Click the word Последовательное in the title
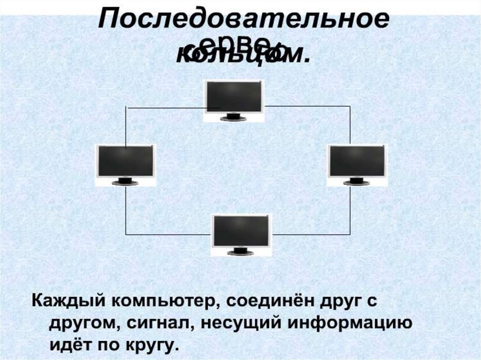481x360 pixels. click(x=243, y=21)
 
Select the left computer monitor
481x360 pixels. click(x=125, y=161)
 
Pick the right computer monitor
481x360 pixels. click(x=357, y=161)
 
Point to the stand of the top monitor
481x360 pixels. click(x=233, y=117)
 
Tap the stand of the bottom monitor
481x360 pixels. click(x=240, y=252)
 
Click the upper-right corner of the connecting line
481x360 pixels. click(x=350, y=106)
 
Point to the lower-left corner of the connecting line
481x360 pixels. click(x=126, y=234)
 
